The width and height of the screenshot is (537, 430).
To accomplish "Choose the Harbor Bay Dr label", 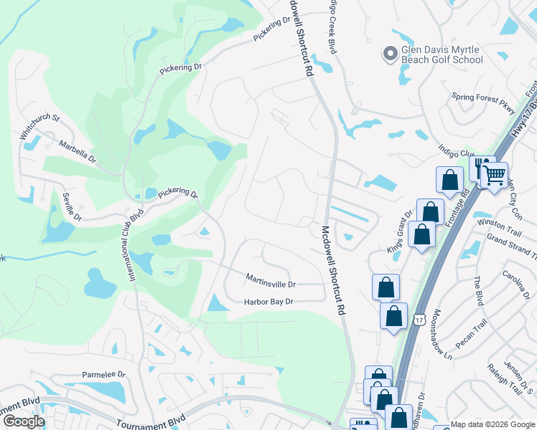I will (268, 302).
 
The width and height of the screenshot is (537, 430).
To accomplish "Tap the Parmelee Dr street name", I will (103, 374).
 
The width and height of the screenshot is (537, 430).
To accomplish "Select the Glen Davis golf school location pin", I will (391, 54).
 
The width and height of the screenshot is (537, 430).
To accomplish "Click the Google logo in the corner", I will (24, 421).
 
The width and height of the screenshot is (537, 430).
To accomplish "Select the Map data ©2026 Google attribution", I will (492, 424).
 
